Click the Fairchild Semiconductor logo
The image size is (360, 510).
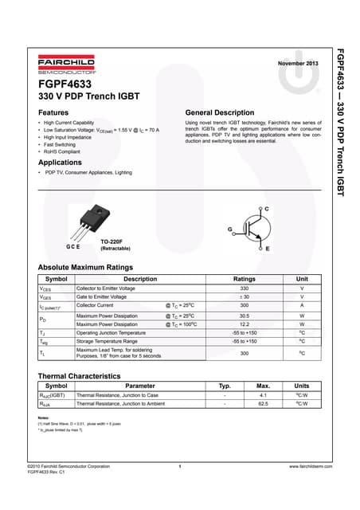pos(66,65)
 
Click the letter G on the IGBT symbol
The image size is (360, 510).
pos(230,229)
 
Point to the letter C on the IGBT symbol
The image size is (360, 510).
pos(266,209)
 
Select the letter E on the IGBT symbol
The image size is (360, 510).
pos(267,249)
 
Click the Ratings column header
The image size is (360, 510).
pos(244,279)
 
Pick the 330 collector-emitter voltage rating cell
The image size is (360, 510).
pos(244,288)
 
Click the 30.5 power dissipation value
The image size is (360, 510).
pos(244,316)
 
